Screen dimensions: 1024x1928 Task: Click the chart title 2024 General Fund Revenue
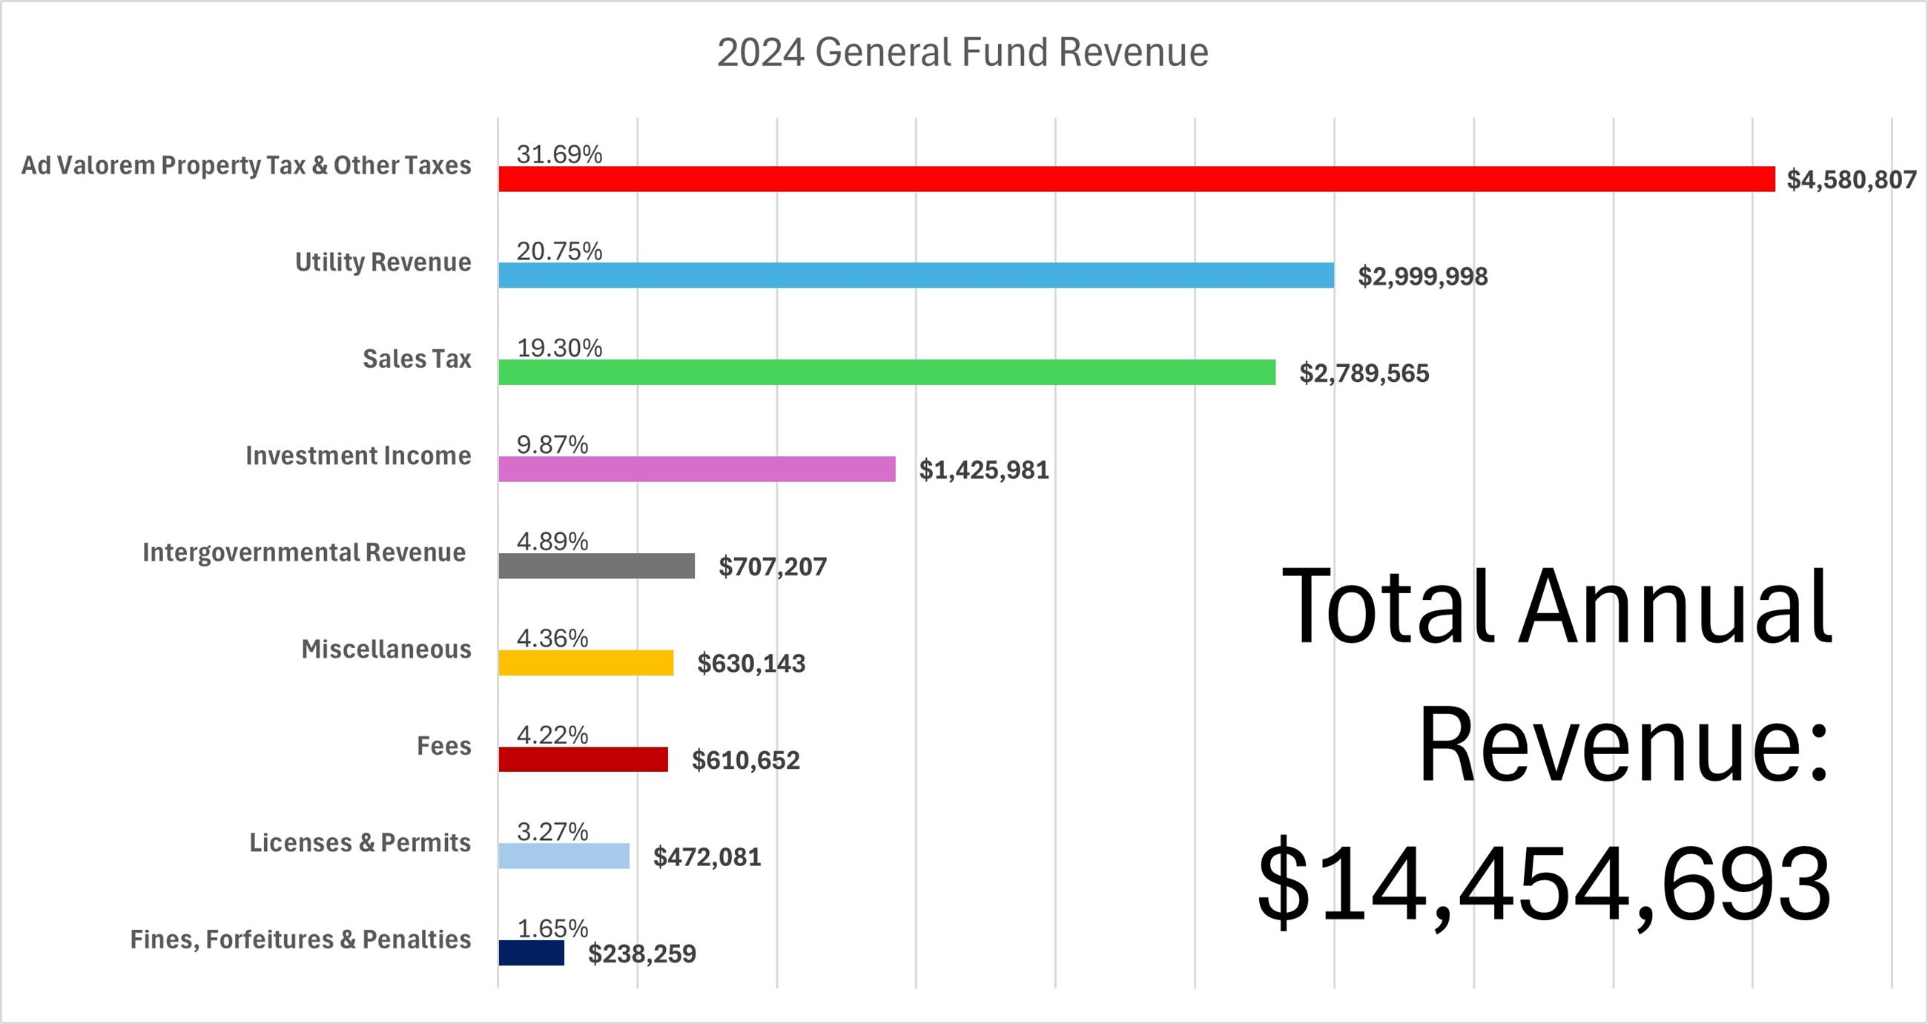coord(963,53)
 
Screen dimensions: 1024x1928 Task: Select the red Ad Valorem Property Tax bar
coord(1136,179)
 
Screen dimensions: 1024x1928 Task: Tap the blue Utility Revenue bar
coord(916,275)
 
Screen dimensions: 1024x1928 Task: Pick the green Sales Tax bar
coord(887,372)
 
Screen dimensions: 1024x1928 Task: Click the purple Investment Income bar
coord(697,469)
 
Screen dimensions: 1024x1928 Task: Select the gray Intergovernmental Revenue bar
coord(596,566)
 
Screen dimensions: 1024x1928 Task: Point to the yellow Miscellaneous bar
coord(586,663)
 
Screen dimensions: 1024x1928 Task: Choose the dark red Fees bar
coord(583,760)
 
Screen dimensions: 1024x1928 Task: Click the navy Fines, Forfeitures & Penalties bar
coord(532,953)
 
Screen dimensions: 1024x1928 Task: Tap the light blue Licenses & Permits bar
coord(564,856)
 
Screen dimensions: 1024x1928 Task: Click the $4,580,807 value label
coord(1852,179)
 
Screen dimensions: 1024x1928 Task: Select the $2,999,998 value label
coord(1423,277)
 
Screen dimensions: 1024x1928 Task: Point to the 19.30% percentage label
coord(560,348)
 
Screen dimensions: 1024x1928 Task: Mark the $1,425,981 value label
coord(984,470)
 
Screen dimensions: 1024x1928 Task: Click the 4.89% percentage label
coord(552,541)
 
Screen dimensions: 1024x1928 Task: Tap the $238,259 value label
coord(642,954)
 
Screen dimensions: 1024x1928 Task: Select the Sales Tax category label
coord(417,359)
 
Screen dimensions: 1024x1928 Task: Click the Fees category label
coord(444,745)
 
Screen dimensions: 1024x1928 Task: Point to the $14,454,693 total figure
coord(1544,883)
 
